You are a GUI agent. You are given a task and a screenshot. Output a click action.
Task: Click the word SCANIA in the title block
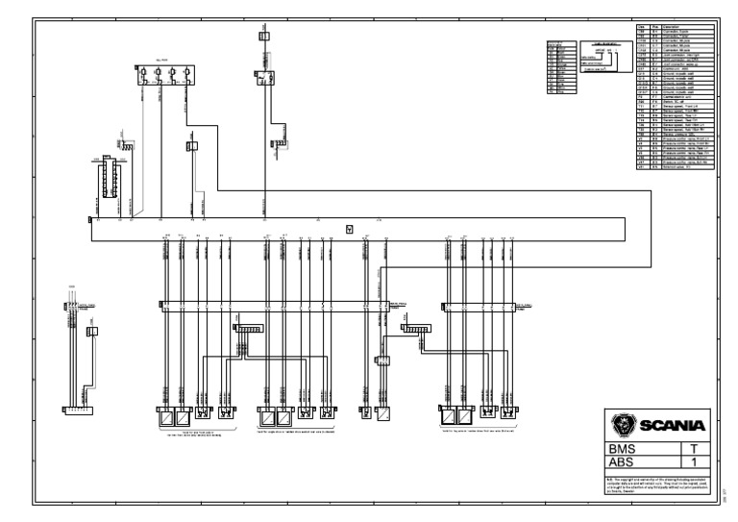click(673, 426)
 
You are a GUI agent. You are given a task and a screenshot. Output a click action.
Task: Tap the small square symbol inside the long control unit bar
click(349, 229)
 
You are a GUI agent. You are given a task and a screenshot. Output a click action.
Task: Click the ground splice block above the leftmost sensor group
click(248, 329)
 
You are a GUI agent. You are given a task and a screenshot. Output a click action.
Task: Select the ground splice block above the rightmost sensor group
click(416, 329)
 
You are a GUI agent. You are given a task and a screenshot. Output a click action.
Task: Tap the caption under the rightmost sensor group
click(480, 432)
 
